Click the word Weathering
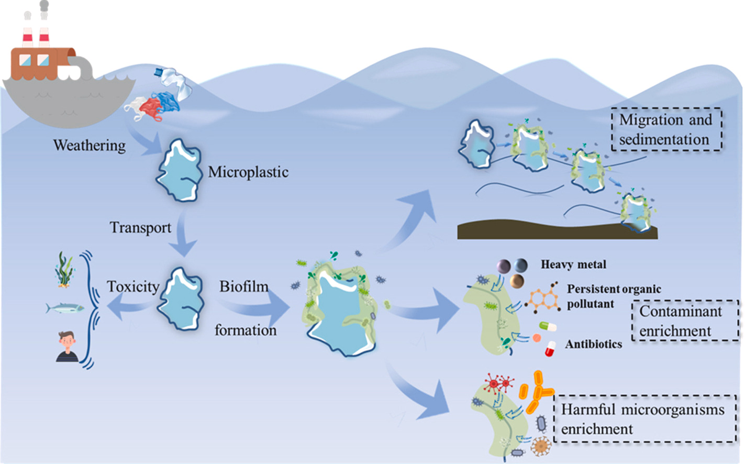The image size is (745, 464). point(90,145)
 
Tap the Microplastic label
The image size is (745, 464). point(248,172)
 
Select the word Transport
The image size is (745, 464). point(140,228)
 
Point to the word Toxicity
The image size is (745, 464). point(133,286)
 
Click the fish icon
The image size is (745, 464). point(64,308)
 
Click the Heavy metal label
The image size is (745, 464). point(573,264)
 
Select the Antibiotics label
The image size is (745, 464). point(593,344)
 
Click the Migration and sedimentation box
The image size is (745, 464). point(666,129)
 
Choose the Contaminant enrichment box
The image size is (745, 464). point(685,321)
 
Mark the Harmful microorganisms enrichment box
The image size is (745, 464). point(644,419)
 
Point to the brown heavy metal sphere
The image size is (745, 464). point(517,281)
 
